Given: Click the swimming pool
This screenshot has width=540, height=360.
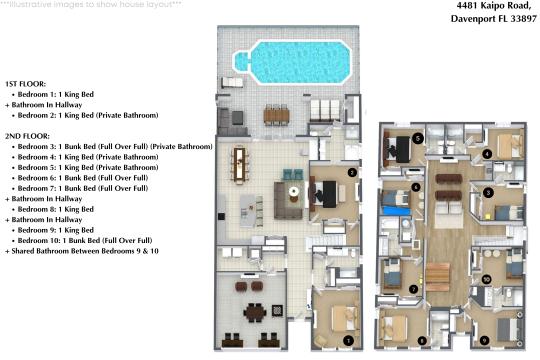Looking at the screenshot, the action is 293,62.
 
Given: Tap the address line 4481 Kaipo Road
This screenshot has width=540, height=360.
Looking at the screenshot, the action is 494,6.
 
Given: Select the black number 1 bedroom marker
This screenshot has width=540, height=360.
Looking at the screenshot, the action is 348,341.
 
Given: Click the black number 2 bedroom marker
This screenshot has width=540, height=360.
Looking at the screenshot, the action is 352,172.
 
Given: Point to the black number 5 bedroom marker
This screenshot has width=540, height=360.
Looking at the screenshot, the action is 418,138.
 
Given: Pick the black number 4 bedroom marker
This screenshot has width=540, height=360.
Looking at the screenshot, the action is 487,154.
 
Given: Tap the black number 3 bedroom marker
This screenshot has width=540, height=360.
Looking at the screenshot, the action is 488,193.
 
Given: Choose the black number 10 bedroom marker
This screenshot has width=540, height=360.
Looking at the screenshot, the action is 486,279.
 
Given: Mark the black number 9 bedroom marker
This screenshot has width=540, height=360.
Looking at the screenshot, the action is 484,341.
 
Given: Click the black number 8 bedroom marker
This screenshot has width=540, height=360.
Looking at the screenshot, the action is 422,341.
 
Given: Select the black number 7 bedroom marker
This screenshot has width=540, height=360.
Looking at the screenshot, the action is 414,289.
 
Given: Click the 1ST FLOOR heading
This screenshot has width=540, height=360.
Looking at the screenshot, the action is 25,84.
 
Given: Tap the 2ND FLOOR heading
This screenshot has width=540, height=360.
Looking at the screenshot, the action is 27,136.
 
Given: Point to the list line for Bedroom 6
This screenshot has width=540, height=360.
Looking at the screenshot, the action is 83,178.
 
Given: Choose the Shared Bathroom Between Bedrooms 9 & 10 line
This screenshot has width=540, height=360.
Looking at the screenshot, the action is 82,251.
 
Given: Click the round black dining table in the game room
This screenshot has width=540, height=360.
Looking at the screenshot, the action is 255,312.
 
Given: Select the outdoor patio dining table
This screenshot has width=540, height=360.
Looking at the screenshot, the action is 276,115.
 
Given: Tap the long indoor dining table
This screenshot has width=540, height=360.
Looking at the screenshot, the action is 239,164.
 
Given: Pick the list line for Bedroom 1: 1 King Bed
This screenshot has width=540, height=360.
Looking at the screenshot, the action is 56,94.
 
